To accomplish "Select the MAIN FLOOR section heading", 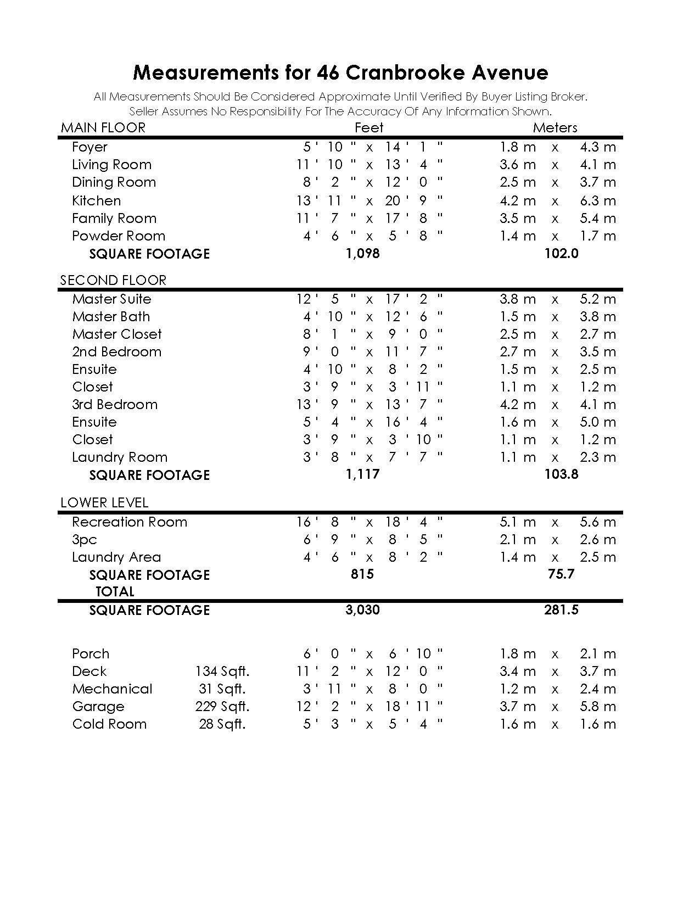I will point(103,128).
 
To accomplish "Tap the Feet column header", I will point(369,128).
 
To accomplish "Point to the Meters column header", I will point(555,128).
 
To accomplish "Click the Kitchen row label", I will point(97,200).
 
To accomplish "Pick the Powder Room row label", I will point(119,236).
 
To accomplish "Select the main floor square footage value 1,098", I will point(363,254).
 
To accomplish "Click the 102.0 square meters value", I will point(561,254).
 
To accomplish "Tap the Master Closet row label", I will point(117,334).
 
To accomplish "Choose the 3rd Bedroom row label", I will point(115,405).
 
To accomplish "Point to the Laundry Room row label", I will point(120,457).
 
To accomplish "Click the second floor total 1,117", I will point(363,474).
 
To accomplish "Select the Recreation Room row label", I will point(130,522).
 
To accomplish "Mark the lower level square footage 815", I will point(362,574).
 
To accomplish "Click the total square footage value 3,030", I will point(363,610).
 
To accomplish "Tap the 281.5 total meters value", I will point(561,610).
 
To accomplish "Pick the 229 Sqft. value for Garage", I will point(222,707).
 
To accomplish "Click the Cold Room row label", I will point(109,724).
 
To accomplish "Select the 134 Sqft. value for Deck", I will point(222,672).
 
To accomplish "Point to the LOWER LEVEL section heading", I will point(104,503).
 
